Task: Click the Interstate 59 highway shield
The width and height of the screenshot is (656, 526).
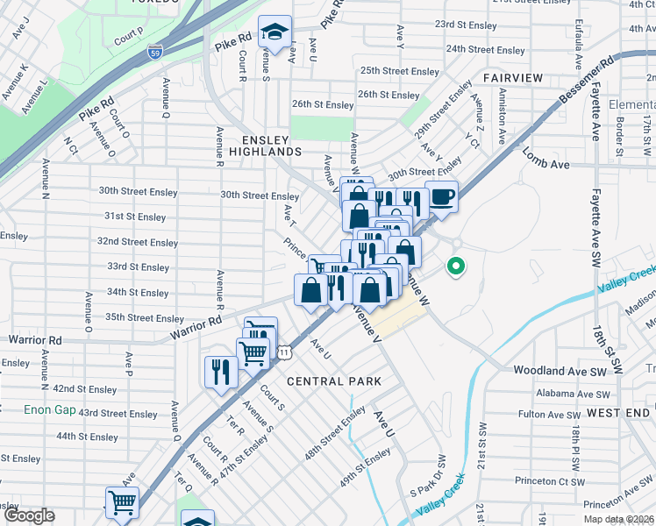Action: pyautogui.click(x=155, y=51)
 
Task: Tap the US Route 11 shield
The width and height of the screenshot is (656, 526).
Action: pyautogui.click(x=284, y=352)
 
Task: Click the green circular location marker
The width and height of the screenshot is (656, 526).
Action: pyautogui.click(x=455, y=265)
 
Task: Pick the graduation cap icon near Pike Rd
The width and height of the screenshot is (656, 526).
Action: pyautogui.click(x=275, y=34)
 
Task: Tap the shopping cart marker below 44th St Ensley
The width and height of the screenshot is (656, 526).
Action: pyautogui.click(x=122, y=503)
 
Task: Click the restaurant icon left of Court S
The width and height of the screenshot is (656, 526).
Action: pyautogui.click(x=220, y=371)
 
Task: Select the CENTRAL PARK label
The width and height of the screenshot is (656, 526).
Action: pyautogui.click(x=334, y=381)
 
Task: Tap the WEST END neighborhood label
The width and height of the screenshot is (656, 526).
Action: pyautogui.click(x=619, y=412)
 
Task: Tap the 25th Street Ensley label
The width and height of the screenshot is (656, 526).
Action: pyautogui.click(x=399, y=71)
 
